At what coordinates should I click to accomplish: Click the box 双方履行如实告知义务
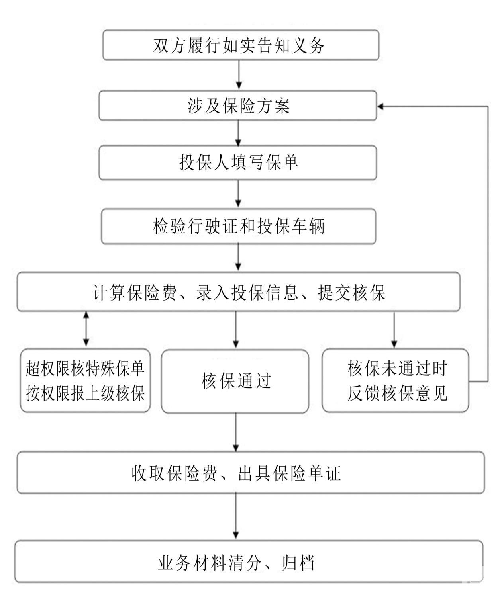pos(241,45)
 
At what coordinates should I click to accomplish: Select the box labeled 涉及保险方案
pos(237,106)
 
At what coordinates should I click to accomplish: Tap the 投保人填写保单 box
pos(237,162)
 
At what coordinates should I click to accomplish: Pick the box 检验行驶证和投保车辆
pos(238,226)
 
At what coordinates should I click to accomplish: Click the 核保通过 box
pos(235,381)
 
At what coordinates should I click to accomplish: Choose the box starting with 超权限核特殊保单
pos(85,381)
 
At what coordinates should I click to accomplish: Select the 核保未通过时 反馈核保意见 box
pos(395,381)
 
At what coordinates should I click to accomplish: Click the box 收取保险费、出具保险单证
pos(250,473)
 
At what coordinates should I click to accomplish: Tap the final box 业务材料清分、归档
pos(249,562)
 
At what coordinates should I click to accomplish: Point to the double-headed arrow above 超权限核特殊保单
pos(86,328)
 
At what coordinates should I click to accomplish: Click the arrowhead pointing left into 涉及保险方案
pos(381,106)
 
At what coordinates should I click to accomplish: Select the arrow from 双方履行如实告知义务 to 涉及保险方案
pos(239,75)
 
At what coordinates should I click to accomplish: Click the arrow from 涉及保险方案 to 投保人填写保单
pos(238,133)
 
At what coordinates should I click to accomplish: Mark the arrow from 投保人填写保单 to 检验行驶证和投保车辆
pos(238,194)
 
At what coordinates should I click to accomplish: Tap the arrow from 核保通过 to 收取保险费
pos(236,432)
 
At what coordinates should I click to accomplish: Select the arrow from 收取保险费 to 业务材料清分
pos(236,516)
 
